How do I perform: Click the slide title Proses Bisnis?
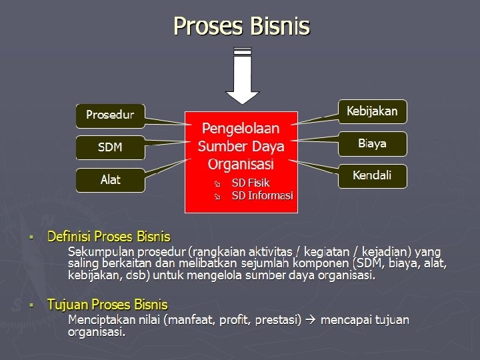(x=241, y=27)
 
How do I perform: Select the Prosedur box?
(x=110, y=115)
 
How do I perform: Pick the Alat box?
(x=110, y=180)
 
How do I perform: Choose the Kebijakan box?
(x=372, y=111)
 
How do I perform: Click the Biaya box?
(x=372, y=143)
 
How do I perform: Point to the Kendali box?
(x=372, y=176)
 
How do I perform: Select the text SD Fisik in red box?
(x=251, y=183)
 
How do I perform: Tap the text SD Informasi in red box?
(x=262, y=195)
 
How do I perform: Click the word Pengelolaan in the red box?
(x=241, y=128)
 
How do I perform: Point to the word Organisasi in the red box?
(x=241, y=163)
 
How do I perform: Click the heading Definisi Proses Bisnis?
(x=109, y=237)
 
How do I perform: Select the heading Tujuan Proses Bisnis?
(x=107, y=305)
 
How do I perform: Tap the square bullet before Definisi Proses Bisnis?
(x=31, y=237)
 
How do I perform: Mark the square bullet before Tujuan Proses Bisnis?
(x=31, y=305)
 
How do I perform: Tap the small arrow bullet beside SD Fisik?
(x=216, y=183)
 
